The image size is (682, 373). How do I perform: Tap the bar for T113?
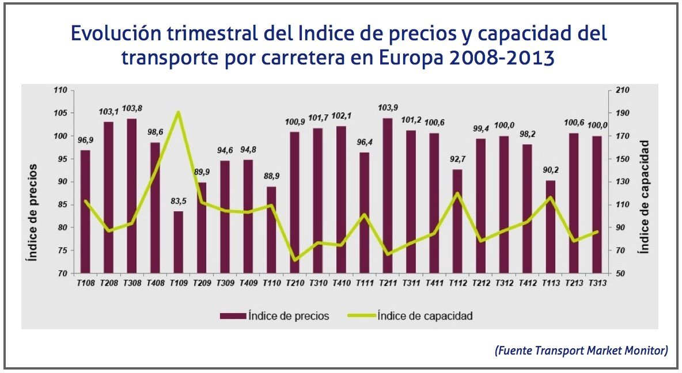click(551, 227)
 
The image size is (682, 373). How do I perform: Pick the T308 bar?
click(131, 196)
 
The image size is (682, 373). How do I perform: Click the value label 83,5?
click(178, 203)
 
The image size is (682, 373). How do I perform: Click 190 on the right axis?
click(623, 113)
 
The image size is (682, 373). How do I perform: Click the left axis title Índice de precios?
click(33, 212)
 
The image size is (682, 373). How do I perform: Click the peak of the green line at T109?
click(178, 112)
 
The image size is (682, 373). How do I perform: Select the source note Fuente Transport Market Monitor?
click(581, 351)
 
